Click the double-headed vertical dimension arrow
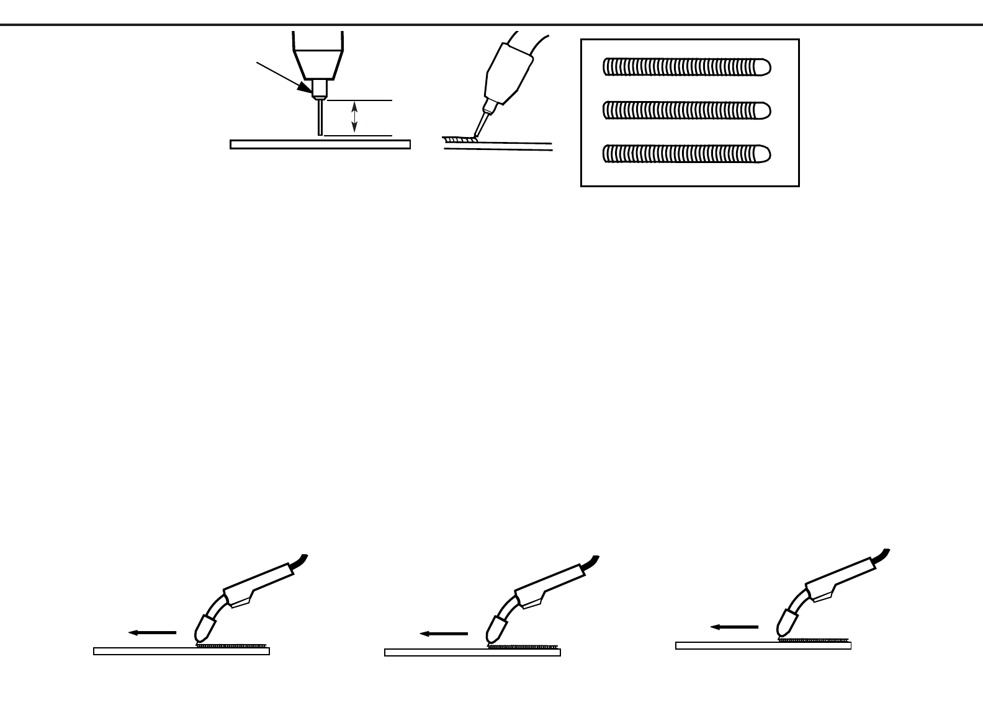(354, 117)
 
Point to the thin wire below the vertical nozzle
(320, 117)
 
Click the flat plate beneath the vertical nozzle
(320, 144)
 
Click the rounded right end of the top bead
(764, 66)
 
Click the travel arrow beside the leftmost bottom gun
(153, 633)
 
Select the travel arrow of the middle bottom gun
(444, 634)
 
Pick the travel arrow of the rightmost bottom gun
(734, 627)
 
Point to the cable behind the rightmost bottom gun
(881, 556)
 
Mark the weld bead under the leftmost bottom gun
(233, 645)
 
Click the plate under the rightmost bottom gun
(763, 646)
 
